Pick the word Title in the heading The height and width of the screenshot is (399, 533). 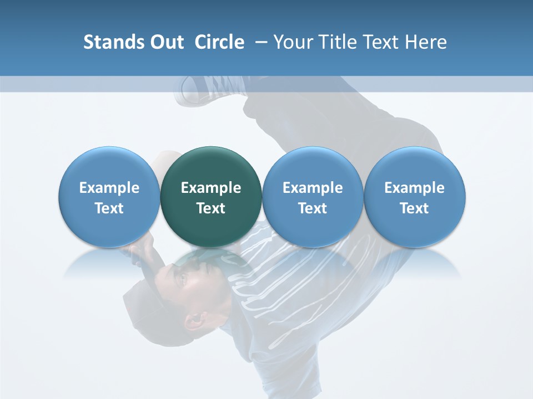(337, 42)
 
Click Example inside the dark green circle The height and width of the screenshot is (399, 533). (211, 188)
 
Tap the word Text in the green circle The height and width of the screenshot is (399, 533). (211, 208)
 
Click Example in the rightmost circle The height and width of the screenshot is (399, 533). (414, 188)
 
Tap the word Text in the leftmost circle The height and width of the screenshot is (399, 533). (109, 208)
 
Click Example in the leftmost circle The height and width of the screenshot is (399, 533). (109, 188)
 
